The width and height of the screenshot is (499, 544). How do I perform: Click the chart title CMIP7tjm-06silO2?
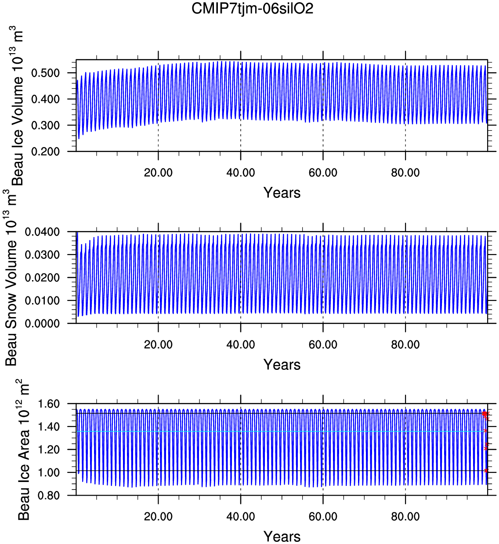click(252, 8)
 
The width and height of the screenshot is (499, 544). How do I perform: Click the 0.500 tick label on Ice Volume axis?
click(45, 73)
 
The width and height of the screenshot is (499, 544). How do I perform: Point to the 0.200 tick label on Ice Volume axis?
click(45, 152)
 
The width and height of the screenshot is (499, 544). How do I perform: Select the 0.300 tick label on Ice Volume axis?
click(45, 125)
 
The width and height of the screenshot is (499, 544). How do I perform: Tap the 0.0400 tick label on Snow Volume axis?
click(42, 232)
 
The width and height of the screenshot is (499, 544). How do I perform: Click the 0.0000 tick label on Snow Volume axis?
click(42, 324)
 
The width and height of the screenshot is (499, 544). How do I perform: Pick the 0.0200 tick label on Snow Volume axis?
click(42, 278)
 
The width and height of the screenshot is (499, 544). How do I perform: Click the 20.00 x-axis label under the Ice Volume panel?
click(158, 173)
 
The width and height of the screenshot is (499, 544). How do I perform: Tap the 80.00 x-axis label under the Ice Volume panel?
click(405, 173)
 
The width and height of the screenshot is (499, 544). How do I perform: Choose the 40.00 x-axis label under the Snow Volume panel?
click(241, 345)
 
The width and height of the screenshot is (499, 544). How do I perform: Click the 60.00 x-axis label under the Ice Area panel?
click(323, 516)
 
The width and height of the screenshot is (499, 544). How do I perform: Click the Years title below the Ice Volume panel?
click(282, 193)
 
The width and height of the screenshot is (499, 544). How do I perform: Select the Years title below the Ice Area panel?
click(282, 537)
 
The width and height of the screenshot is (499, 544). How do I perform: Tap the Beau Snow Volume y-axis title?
click(11, 278)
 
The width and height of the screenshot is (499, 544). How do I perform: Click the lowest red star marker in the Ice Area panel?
click(486, 471)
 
